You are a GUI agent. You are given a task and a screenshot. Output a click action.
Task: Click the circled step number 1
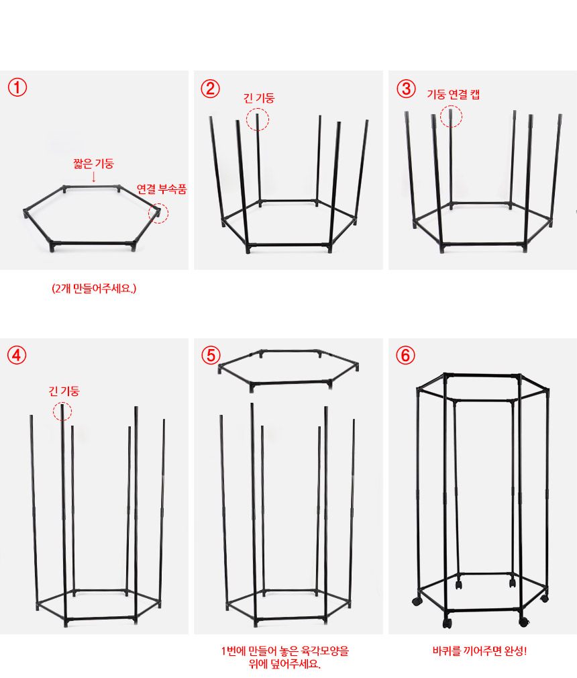click(17, 87)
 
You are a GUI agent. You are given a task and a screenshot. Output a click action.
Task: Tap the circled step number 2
click(211, 89)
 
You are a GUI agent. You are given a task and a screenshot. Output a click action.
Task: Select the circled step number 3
click(407, 89)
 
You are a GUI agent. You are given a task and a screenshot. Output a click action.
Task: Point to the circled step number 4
click(17, 355)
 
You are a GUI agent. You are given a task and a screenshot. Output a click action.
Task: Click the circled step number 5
click(211, 355)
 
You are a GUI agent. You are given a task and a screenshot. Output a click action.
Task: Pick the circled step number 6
click(405, 355)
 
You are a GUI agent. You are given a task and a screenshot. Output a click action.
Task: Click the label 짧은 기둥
click(93, 163)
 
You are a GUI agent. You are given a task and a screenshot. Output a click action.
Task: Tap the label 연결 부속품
click(162, 189)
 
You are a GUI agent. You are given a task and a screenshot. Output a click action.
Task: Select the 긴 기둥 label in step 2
click(259, 98)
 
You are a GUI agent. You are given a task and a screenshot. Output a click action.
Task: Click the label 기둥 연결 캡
click(454, 94)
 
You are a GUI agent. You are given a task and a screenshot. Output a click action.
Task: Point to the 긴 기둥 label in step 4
click(64, 391)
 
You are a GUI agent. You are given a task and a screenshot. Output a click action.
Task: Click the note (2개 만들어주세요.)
click(94, 289)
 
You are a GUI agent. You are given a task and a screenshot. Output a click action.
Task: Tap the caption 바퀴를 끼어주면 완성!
click(480, 650)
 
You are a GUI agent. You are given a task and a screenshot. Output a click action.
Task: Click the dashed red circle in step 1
click(158, 203)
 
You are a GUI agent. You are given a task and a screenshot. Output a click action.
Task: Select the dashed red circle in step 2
click(258, 108)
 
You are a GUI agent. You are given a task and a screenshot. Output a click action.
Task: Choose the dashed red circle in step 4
click(62, 402)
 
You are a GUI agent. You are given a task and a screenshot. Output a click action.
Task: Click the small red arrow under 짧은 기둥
click(94, 177)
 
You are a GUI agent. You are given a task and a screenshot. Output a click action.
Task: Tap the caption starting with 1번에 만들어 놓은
click(285, 657)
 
